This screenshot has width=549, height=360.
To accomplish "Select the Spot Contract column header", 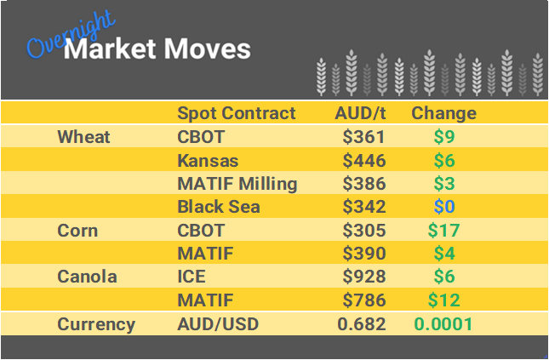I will (x=236, y=113).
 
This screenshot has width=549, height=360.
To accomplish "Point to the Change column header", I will (x=443, y=113).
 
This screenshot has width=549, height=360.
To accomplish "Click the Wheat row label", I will (x=83, y=137).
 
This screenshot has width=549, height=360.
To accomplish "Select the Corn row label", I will (x=77, y=231).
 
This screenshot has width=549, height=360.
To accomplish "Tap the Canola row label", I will (x=86, y=277).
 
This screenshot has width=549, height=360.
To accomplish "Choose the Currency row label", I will (x=96, y=324).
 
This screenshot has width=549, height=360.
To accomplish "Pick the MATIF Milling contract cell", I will (x=237, y=184).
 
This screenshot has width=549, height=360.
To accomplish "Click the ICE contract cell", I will (x=192, y=277).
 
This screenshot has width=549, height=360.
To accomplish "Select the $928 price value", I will (x=364, y=277).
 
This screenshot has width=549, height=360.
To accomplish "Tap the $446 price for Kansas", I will (x=364, y=160).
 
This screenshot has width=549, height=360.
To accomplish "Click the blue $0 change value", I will (x=443, y=207).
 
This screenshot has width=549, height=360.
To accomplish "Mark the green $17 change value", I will (x=443, y=231).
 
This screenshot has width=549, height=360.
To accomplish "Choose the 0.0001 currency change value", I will (x=443, y=324).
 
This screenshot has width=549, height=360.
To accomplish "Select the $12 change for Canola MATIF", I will (x=443, y=300).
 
